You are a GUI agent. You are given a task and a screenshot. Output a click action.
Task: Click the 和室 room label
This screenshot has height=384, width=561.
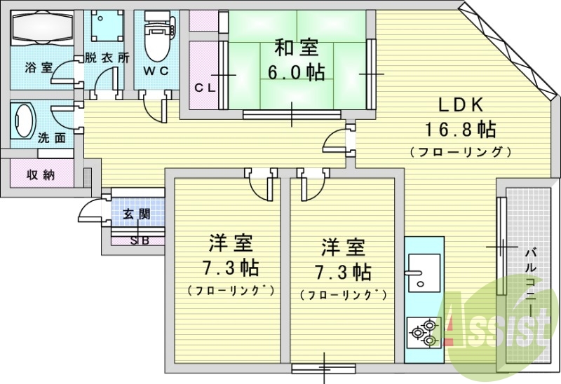tap(296, 48)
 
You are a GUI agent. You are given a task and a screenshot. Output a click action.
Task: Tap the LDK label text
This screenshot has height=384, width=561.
tap(461, 105)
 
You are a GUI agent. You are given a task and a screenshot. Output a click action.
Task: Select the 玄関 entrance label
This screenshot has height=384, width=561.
tap(137, 214)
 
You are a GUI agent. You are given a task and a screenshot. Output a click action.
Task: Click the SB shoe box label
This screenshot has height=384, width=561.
tap(138, 241)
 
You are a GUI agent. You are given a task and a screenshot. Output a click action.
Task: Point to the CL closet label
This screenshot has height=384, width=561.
tap(205, 88)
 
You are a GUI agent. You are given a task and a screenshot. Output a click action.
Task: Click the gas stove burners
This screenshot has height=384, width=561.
tap(424, 332)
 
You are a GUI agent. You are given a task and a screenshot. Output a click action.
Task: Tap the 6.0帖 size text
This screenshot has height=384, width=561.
tap(296, 71)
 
